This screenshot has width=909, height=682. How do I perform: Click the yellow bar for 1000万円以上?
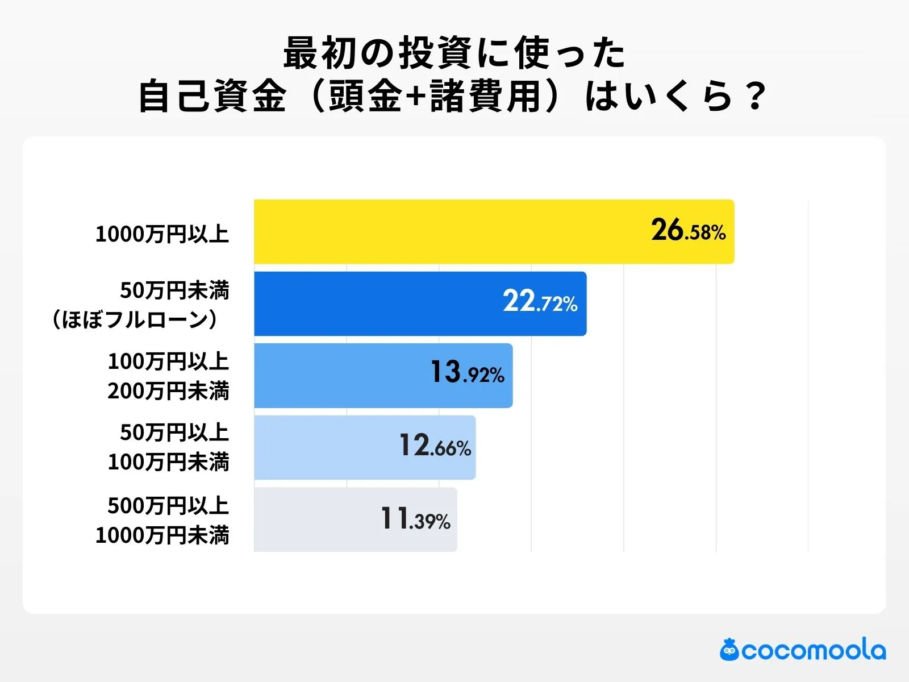(x=443, y=231)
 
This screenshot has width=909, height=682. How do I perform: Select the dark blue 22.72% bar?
(x=375, y=303)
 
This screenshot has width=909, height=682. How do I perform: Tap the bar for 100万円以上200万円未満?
(x=341, y=376)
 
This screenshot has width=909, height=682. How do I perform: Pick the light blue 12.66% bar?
(x=324, y=447)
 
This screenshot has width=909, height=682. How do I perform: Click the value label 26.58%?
(x=688, y=231)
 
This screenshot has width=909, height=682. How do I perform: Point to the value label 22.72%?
(x=540, y=302)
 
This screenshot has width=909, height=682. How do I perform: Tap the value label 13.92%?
(x=467, y=373)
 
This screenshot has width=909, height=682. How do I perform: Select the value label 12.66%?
(x=435, y=446)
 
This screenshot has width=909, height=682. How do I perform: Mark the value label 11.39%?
(x=415, y=519)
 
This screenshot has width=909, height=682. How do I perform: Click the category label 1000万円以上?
(x=162, y=234)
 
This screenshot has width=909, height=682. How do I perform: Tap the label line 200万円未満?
(x=168, y=391)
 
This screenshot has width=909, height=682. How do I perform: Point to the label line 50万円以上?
(x=174, y=433)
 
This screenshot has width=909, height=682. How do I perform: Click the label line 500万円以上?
(x=168, y=506)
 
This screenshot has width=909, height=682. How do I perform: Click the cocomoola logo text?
(x=813, y=651)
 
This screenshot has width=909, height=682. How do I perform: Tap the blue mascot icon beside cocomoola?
(x=729, y=650)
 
